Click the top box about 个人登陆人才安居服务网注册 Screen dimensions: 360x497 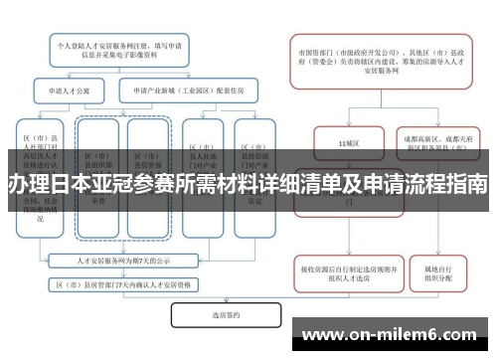tap(119, 51)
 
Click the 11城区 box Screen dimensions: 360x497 tap(347, 145)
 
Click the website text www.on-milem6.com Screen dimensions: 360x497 tap(394, 333)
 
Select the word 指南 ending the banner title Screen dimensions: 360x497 tap(467, 184)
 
